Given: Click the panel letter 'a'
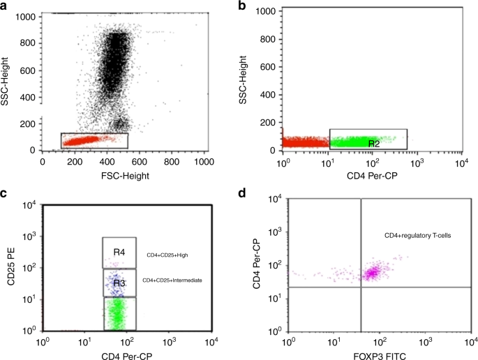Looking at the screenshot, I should [5, 6].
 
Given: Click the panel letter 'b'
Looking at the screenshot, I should [242, 6].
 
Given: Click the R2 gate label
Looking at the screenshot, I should [374, 143].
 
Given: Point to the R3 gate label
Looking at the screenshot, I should [119, 283].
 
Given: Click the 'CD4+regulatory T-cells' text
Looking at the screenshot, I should [417, 237].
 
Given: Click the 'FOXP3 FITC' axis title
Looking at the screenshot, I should [378, 354].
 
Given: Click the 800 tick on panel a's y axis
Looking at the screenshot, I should [27, 41].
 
